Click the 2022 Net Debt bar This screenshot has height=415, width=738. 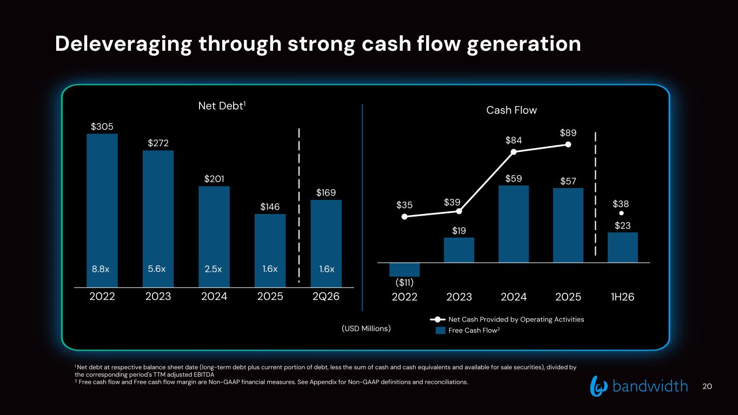coord(102,210)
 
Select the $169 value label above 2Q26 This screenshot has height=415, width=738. coord(326,193)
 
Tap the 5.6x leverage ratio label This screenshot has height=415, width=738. coord(156,269)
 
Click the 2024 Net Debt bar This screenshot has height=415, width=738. coord(214,237)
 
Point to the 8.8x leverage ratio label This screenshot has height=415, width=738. coord(101,269)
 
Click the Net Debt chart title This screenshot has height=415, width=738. coord(222,106)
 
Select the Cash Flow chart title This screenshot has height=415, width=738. coord(511,110)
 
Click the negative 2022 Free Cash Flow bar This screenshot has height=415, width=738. coord(404,270)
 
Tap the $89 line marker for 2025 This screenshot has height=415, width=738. coord(568,145)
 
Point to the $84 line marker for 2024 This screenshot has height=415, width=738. coord(514,152)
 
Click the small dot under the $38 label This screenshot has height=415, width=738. coord(621,213)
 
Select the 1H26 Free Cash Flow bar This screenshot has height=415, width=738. coord(623,247)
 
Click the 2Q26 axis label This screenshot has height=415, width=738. coord(326,297)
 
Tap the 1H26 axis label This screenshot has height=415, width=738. coord(622,297)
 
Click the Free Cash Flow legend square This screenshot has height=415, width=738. coord(441,330)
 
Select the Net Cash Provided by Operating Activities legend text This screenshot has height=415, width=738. coord(516,319)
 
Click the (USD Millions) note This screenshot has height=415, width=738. coord(366,329)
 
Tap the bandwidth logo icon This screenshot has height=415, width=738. coord(599,386)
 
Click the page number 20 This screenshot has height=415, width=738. coord(707,386)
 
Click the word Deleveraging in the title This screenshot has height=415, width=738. coord(124,44)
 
